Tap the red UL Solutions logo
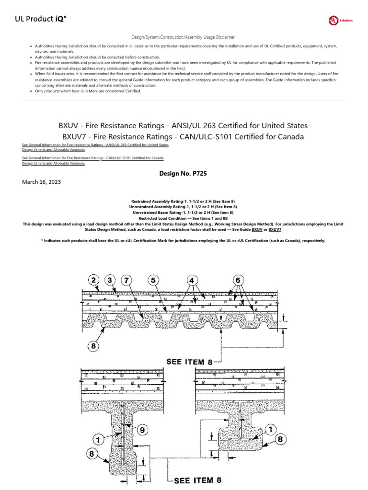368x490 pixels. click(340, 21)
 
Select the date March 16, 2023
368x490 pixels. click(42, 182)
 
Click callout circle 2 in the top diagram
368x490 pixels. click(94, 279)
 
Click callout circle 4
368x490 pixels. click(192, 279)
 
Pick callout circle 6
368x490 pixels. click(238, 279)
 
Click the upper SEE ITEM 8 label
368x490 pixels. click(189, 362)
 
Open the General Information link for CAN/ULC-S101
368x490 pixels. click(93, 157)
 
